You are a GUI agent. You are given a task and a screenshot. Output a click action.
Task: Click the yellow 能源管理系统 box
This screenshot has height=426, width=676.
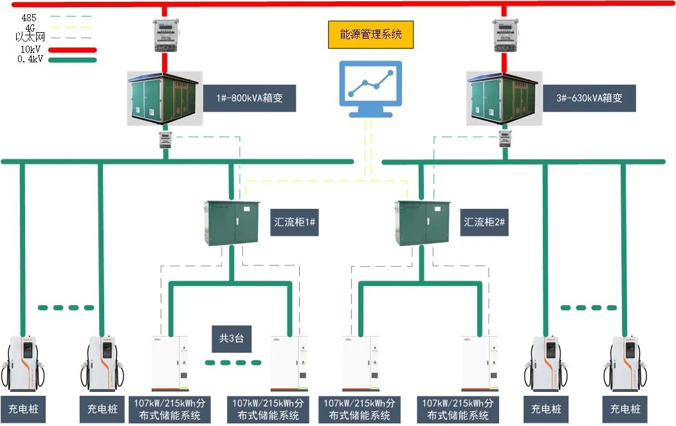(x=369, y=34)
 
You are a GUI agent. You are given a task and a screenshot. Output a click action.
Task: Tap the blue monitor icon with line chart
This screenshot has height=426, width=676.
(x=370, y=88)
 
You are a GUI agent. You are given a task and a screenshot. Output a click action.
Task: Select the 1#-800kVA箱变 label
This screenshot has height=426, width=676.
(x=250, y=99)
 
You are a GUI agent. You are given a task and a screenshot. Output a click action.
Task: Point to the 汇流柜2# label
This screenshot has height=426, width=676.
(x=486, y=222)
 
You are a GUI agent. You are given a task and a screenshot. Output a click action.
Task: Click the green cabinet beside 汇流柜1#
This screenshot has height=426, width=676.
(x=232, y=222)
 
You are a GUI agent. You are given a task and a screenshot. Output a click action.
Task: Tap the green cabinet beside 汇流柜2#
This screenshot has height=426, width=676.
(x=423, y=222)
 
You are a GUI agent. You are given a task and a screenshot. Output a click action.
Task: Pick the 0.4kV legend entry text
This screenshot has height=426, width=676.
(x=30, y=60)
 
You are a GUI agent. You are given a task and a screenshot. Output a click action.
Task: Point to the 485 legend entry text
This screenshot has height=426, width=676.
(x=29, y=18)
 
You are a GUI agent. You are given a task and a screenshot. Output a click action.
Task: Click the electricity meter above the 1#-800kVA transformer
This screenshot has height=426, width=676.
(x=165, y=35)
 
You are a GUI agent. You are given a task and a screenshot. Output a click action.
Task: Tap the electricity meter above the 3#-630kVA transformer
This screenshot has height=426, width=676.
(x=505, y=35)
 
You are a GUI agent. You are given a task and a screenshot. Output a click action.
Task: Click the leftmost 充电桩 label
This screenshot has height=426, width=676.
(x=23, y=409)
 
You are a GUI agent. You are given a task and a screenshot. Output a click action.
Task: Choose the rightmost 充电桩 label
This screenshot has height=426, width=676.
(x=625, y=409)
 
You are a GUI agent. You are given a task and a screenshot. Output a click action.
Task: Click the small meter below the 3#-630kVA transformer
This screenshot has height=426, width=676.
(x=505, y=139)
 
